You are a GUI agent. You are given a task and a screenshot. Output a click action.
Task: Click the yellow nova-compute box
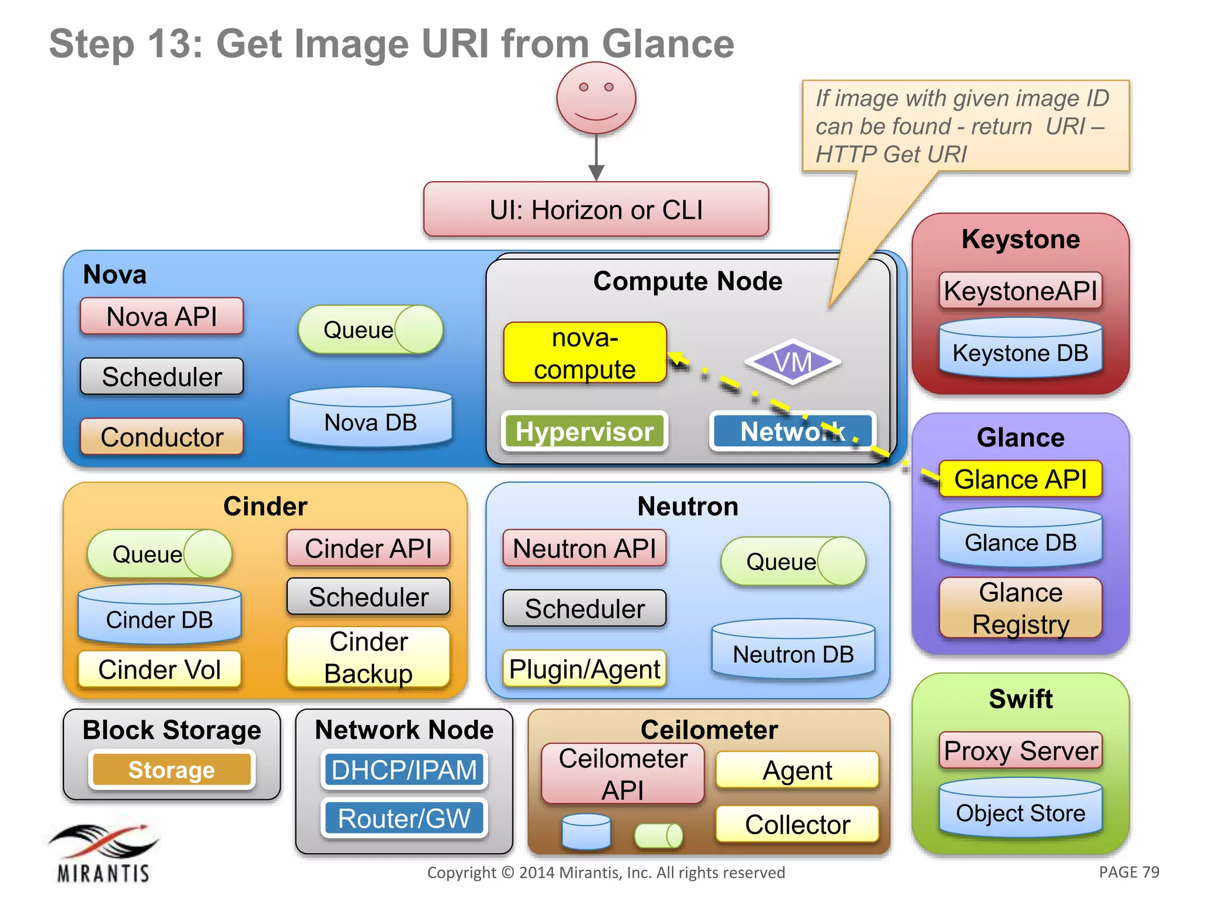pyautogui.click(x=585, y=353)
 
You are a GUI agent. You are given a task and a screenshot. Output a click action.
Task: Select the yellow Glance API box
pyautogui.click(x=1020, y=479)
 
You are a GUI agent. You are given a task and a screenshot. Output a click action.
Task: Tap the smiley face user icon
pyautogui.click(x=596, y=98)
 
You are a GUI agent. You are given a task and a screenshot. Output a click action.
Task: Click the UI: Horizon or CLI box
pyautogui.click(x=596, y=210)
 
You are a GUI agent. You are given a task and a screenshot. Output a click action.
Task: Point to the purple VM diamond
pyautogui.click(x=793, y=362)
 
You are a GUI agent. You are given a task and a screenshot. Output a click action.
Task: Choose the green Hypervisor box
pyautogui.click(x=584, y=431)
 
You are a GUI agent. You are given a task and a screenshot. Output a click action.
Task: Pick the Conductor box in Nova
pyautogui.click(x=162, y=437)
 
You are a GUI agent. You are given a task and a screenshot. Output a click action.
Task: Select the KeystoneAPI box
pyautogui.click(x=1020, y=291)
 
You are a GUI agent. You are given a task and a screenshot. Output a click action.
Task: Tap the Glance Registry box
pyautogui.click(x=1020, y=608)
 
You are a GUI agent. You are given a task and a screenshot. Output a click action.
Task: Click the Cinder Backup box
pyautogui.click(x=368, y=657)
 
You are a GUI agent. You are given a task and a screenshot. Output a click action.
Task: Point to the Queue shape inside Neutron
pyautogui.click(x=793, y=561)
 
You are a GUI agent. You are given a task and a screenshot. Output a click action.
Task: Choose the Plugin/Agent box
pyautogui.click(x=584, y=669)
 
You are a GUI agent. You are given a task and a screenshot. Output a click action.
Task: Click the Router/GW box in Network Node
pyautogui.click(x=404, y=818)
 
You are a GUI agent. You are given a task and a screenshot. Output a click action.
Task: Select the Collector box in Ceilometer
pyautogui.click(x=797, y=824)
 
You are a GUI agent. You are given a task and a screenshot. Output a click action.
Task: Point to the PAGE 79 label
pyautogui.click(x=1129, y=872)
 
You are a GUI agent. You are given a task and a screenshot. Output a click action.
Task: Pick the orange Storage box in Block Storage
pyautogui.click(x=172, y=770)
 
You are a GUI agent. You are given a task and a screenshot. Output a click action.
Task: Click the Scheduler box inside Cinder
pyautogui.click(x=368, y=597)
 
